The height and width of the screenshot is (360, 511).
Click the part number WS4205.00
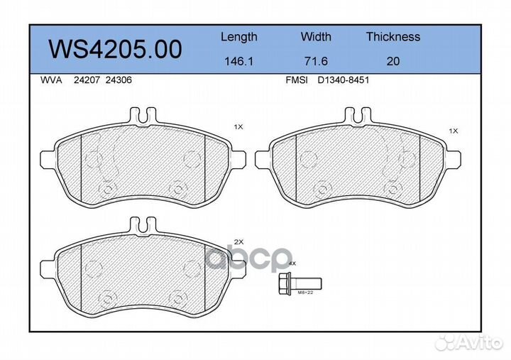(115, 49)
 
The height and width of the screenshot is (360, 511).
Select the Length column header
(239, 37)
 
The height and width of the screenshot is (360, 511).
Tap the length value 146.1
(239, 61)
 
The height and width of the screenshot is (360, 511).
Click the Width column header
(316, 36)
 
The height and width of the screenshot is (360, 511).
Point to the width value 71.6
(316, 61)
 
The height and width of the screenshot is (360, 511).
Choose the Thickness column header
(393, 36)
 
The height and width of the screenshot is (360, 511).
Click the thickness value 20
(393, 61)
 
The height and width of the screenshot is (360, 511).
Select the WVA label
(51, 80)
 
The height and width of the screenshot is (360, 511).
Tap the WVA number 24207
(87, 80)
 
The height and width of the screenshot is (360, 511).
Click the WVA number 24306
(119, 80)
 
